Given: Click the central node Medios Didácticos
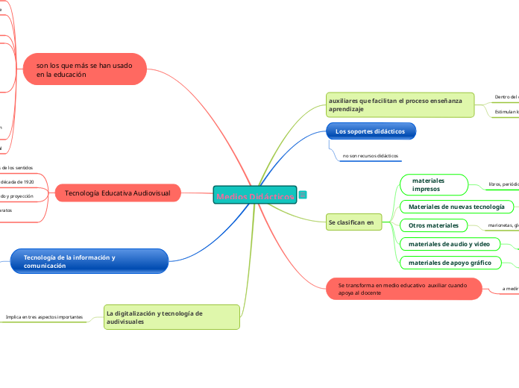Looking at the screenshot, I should pos(255,195).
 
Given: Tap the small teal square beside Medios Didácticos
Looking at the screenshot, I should pos(303,195).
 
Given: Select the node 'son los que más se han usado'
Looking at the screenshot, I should pos(85,70).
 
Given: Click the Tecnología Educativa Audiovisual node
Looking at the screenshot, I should pos(118,193).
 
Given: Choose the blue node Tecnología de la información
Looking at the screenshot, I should pos(89,261).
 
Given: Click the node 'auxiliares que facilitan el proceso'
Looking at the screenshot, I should pos(400,104).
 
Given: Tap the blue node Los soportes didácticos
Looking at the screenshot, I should pos(371,131).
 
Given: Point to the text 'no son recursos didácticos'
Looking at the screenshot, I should pos(371,156).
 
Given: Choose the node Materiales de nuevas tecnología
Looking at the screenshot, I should pos(457,206).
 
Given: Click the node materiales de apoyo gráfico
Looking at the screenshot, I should pos(449,262).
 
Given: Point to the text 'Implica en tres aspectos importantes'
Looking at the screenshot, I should pos(44,317).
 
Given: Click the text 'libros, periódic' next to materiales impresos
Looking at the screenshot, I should pos(503,184).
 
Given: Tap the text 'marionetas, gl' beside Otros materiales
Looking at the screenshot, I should pos(503,225).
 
